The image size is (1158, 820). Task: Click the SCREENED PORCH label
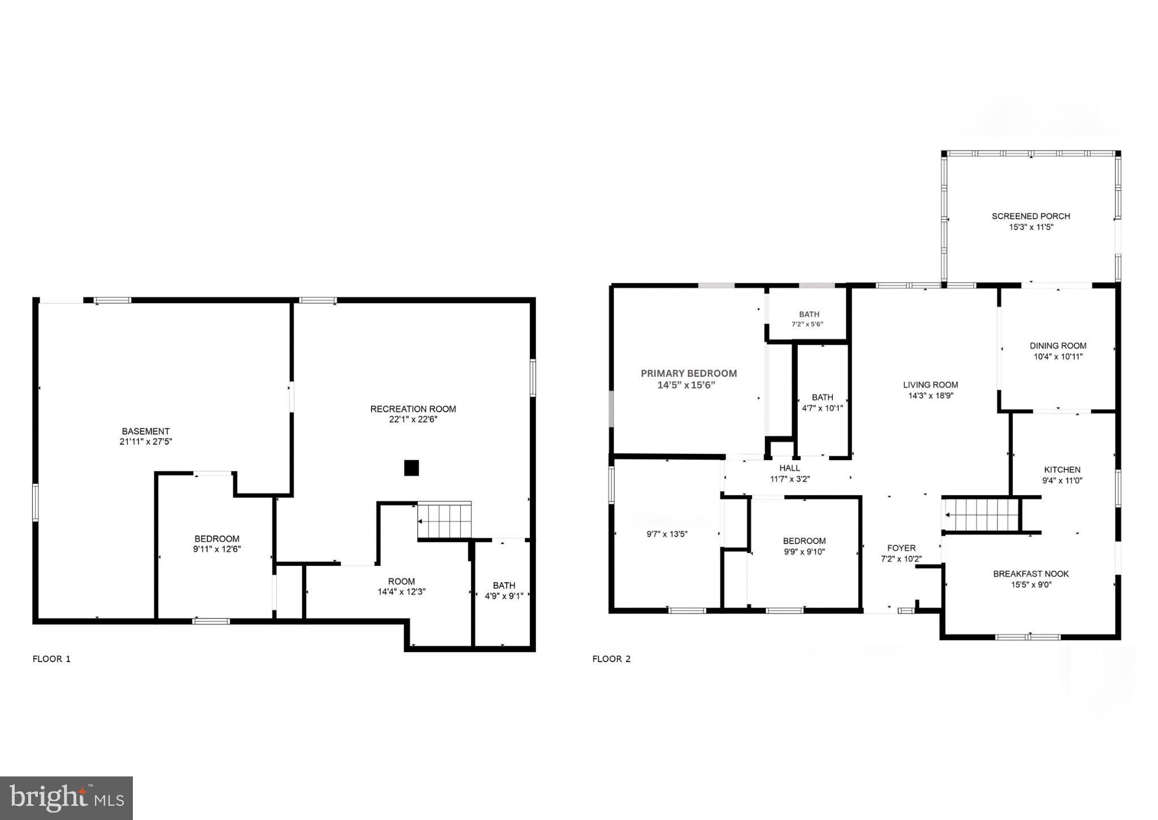[1031, 216]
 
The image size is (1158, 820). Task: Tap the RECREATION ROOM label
[413, 409]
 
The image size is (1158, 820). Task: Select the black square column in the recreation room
[411, 468]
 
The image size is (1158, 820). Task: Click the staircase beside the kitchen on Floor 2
[982, 514]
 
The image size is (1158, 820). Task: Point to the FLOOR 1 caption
[51, 659]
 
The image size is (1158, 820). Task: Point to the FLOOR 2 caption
[611, 659]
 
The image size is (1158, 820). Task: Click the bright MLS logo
[67, 798]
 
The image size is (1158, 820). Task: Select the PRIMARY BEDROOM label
[689, 373]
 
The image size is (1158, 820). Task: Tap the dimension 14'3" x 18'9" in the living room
[931, 396]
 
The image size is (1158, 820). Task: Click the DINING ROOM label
[1058, 346]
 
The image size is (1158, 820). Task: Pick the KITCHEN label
[1062, 470]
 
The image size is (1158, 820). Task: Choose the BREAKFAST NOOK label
[1031, 574]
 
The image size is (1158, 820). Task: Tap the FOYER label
[901, 548]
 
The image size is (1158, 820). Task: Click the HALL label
[789, 468]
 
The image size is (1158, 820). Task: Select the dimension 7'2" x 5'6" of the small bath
[807, 325]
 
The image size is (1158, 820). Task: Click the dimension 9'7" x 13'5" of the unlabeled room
[667, 534]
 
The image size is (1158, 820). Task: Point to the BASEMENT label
[146, 431]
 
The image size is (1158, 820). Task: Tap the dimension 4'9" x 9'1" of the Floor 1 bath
[504, 596]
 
